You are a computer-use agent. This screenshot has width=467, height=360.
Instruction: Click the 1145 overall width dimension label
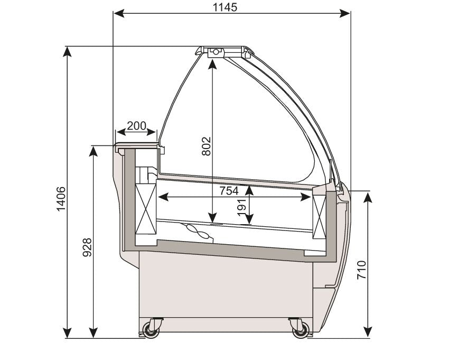pyautogui.click(x=225, y=7)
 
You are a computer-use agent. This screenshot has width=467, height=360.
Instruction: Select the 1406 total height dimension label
pyautogui.click(x=61, y=199)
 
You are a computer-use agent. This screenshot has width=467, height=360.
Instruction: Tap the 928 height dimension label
pyautogui.click(x=87, y=247)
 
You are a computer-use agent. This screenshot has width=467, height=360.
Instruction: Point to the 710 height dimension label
pyautogui.click(x=361, y=270)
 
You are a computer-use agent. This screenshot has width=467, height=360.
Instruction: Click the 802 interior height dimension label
pyautogui.click(x=206, y=146)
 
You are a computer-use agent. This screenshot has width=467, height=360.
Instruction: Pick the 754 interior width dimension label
pyautogui.click(x=229, y=191)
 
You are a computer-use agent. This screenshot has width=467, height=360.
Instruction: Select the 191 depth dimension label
pyautogui.click(x=241, y=207)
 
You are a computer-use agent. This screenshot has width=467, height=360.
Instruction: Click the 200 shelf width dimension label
pyautogui.click(x=137, y=126)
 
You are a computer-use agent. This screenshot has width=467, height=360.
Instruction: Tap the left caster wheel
pyautogui.click(x=151, y=329)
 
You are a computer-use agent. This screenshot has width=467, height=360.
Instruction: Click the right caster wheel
pyautogui.click(x=301, y=329)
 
